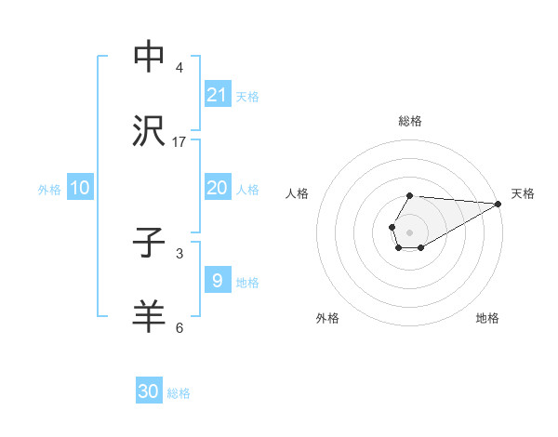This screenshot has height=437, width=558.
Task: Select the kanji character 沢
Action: [x=149, y=131]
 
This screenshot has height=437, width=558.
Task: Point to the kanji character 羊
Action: [x=149, y=316]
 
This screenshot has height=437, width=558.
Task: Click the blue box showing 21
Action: [x=218, y=94]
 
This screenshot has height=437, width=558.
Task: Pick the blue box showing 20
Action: [x=218, y=188]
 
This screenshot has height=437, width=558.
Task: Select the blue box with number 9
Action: [x=218, y=281]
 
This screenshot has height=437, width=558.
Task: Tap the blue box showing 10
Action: [x=80, y=188]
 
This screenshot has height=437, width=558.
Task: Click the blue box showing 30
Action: [x=149, y=391]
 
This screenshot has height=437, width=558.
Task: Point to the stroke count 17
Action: [x=179, y=141]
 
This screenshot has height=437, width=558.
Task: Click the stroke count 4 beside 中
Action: [x=179, y=67]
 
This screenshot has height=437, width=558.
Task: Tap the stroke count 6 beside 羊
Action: [x=179, y=327]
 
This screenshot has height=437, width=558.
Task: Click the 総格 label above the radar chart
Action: [x=410, y=121]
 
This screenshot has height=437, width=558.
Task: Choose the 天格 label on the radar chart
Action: [x=523, y=193]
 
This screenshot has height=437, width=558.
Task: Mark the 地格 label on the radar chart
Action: [x=487, y=318]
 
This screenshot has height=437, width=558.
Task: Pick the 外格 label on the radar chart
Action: [x=327, y=318]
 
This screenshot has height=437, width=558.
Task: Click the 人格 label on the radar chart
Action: [x=298, y=193]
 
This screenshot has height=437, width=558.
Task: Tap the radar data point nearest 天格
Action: [x=498, y=204]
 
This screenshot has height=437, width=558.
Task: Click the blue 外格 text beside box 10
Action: [x=49, y=189]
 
